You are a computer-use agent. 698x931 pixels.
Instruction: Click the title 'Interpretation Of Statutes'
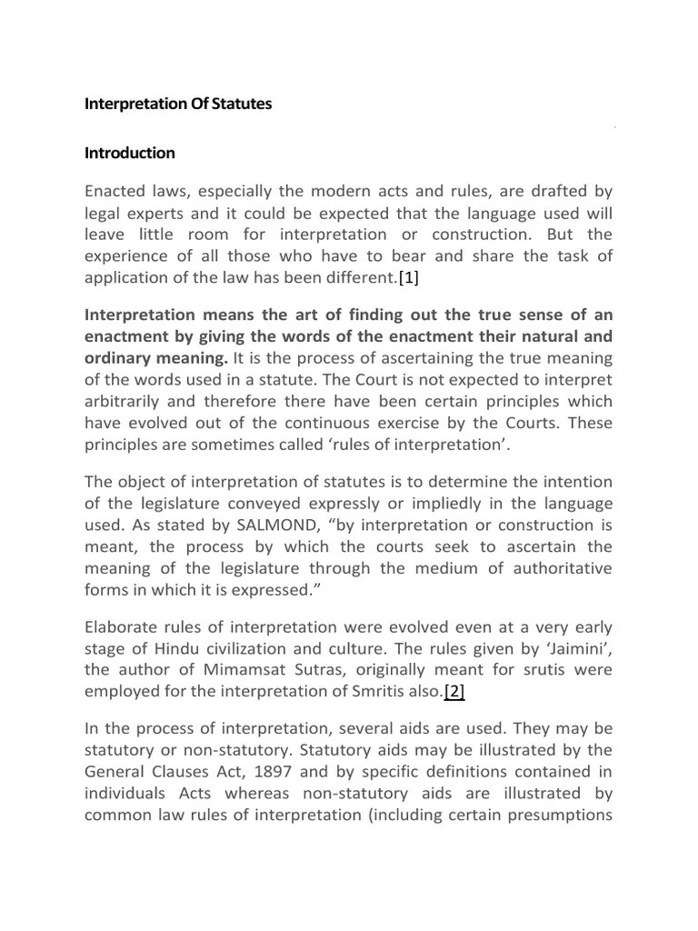click(178, 105)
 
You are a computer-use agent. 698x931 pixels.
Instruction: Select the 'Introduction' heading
click(130, 153)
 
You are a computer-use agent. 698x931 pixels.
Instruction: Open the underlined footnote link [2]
click(454, 692)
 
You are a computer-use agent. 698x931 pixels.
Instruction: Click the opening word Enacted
click(115, 194)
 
